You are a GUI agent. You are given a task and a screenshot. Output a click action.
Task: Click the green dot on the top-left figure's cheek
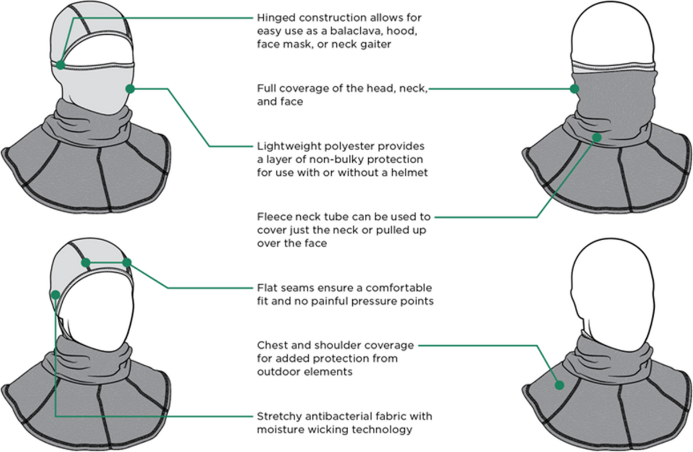(130, 88)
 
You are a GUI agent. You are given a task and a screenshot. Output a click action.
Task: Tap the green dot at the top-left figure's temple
(61, 65)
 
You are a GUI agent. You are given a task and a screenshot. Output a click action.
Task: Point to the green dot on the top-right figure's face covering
(575, 88)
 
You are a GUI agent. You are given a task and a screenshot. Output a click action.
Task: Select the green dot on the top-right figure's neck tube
(597, 137)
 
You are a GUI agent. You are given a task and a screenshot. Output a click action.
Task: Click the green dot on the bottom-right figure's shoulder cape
(559, 385)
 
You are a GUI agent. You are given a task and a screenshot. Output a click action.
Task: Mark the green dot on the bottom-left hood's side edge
(55, 294)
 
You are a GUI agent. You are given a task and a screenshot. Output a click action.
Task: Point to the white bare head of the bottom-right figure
(611, 285)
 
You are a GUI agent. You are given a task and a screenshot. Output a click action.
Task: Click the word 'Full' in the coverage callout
(266, 89)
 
